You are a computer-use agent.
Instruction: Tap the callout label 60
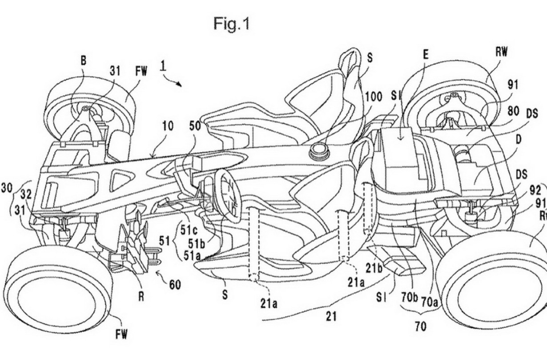coord(174,284)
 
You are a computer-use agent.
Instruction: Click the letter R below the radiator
coord(141,297)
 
